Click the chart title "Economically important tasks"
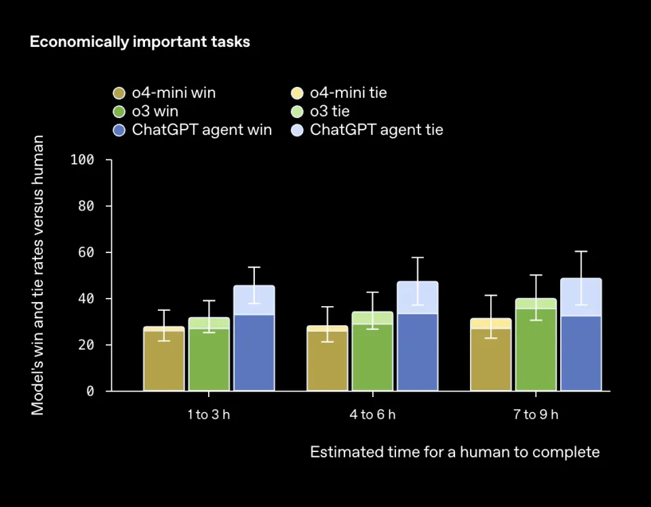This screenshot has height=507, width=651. coord(140,42)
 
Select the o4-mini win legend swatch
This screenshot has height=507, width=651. coord(120,93)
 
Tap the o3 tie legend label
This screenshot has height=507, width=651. coord(330,111)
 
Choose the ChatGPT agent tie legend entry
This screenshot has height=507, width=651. coord(376,130)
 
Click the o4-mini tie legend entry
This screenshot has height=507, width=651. coord(348,93)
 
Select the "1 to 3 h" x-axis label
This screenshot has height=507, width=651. coord(209,415)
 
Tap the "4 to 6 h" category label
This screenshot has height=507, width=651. coord(372,415)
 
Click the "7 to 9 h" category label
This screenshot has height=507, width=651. coord(536,415)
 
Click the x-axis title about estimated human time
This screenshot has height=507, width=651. coord(454,452)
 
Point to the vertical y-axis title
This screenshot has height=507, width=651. coord(38,275)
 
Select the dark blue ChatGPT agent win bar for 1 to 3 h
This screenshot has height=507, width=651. coord(254,353)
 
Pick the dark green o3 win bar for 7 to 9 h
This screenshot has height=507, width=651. coord(536,350)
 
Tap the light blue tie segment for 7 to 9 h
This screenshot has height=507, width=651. coord(581,297)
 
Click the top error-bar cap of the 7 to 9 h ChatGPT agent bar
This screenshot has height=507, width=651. coord(581,252)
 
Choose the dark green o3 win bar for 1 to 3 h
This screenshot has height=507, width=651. coord(209,360)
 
